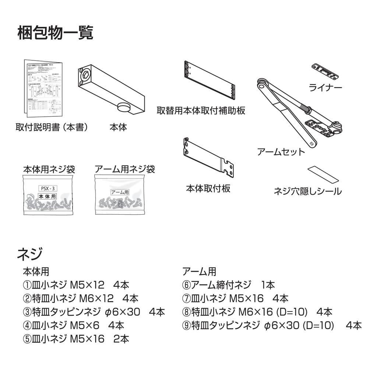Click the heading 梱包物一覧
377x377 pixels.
tap(55, 33)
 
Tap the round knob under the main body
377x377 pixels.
tap(123, 108)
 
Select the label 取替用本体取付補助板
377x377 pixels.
tap(201, 110)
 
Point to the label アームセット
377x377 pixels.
tap(281, 152)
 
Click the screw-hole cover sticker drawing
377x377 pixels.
tap(323, 174)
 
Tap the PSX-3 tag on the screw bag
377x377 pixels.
tap(47, 188)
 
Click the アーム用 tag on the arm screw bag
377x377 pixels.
tap(120, 192)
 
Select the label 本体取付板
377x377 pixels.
tap(208, 188)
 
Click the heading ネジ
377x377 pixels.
tap(30, 254)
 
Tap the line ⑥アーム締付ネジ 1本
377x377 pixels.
tap(228, 285)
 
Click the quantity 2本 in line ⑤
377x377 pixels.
tap(121, 339)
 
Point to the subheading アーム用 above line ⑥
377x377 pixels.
tap(199, 272)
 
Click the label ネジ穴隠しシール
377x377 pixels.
tap(307, 191)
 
